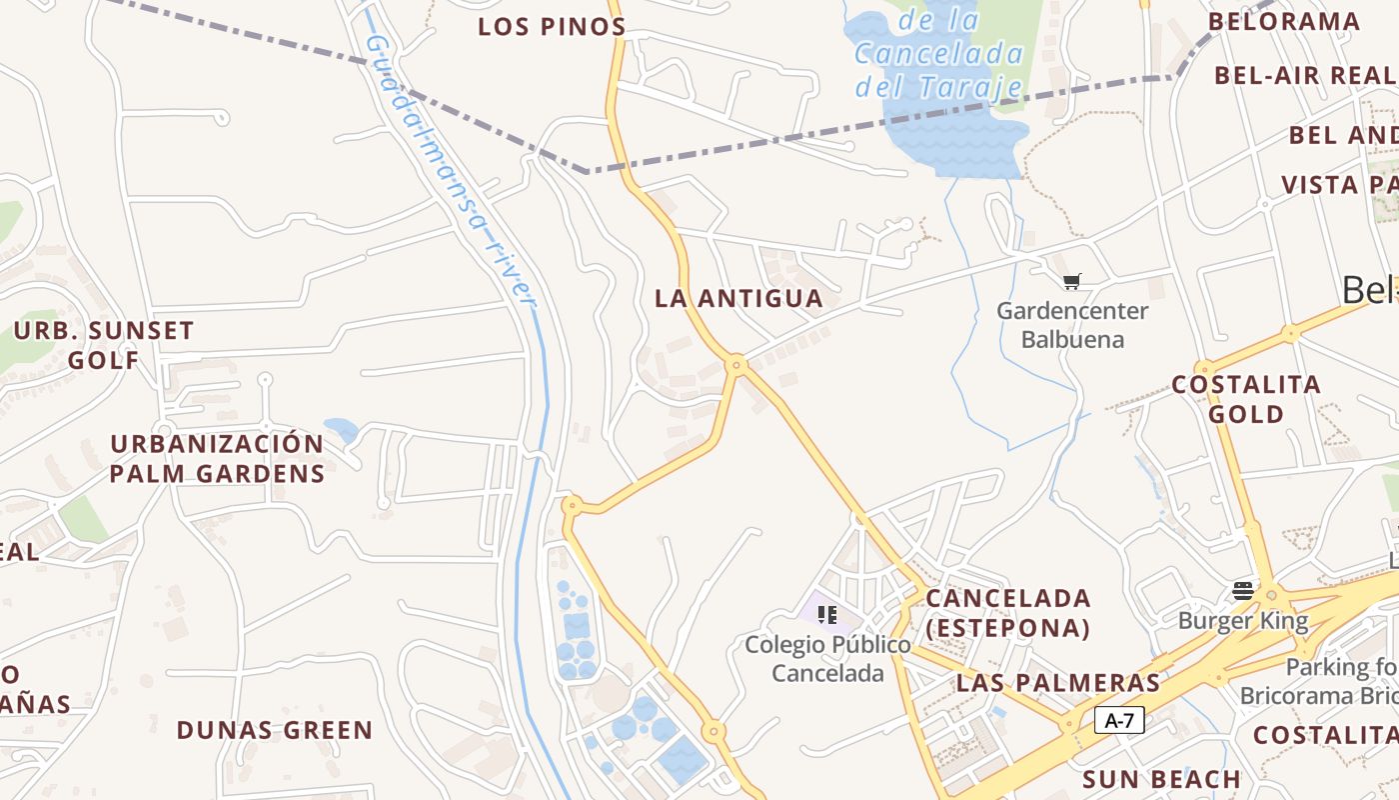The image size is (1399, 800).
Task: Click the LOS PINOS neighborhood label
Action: coord(552,27)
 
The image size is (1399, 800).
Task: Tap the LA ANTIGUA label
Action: coord(738,298)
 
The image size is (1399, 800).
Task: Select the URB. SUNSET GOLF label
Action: coord(104,345)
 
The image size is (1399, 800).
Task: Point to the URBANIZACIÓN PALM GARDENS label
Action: coord(217,459)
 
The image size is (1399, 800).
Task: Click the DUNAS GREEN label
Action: coord(275,730)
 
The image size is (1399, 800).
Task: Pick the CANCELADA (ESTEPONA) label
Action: coord(1007,613)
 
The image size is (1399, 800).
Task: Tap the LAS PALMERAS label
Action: coord(1058,683)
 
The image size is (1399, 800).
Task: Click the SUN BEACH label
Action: coord(1161,779)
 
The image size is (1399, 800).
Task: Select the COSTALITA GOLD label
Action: coord(1245,399)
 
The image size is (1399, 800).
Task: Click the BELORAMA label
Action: coord(1284,21)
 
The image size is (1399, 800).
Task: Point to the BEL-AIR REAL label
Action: coord(1304,75)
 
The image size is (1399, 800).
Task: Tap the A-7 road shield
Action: coord(1119,720)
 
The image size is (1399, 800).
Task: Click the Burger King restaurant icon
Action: coord(1243,590)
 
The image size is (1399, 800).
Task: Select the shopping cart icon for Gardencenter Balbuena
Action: coord(1072,282)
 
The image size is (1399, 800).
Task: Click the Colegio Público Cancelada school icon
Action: coord(826,614)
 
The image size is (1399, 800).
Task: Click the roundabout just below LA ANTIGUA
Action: coord(736,366)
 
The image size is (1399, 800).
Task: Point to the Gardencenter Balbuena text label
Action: coord(1072,325)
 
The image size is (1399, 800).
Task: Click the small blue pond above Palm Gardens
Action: coord(341,430)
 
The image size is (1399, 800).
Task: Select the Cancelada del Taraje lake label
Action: coord(939,53)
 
